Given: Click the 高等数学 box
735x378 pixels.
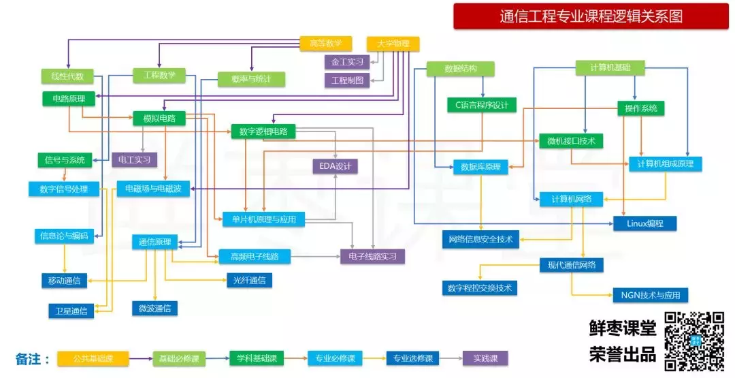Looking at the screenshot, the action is (x=326, y=44).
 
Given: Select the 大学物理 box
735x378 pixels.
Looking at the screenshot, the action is (x=393, y=44).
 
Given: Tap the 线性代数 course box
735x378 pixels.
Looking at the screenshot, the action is (x=67, y=76).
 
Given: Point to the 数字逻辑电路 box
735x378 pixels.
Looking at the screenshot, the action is (x=263, y=131).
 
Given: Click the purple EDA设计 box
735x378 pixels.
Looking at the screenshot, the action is (x=335, y=166).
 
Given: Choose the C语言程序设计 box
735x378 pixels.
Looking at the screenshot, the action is (x=482, y=105).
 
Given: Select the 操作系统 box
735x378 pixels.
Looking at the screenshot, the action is (x=641, y=108).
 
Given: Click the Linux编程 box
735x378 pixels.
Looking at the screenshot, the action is (x=645, y=223).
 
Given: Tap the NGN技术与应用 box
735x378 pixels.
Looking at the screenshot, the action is (x=651, y=295).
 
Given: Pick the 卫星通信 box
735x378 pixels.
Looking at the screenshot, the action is (x=71, y=311).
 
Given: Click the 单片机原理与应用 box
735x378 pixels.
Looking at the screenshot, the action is (x=264, y=219).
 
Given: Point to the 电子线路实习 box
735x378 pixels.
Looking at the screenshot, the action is (x=373, y=257).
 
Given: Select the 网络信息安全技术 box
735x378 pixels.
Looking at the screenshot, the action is (x=481, y=240).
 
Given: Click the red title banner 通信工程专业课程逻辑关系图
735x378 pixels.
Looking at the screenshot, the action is (x=591, y=16).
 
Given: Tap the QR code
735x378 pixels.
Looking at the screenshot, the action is (x=695, y=341).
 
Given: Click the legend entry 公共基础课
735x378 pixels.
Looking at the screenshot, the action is (x=93, y=359).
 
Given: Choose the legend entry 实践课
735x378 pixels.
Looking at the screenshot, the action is (x=485, y=359).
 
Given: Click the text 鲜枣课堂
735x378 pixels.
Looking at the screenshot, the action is (x=623, y=328).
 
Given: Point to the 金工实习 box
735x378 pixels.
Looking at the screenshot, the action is (x=347, y=62).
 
